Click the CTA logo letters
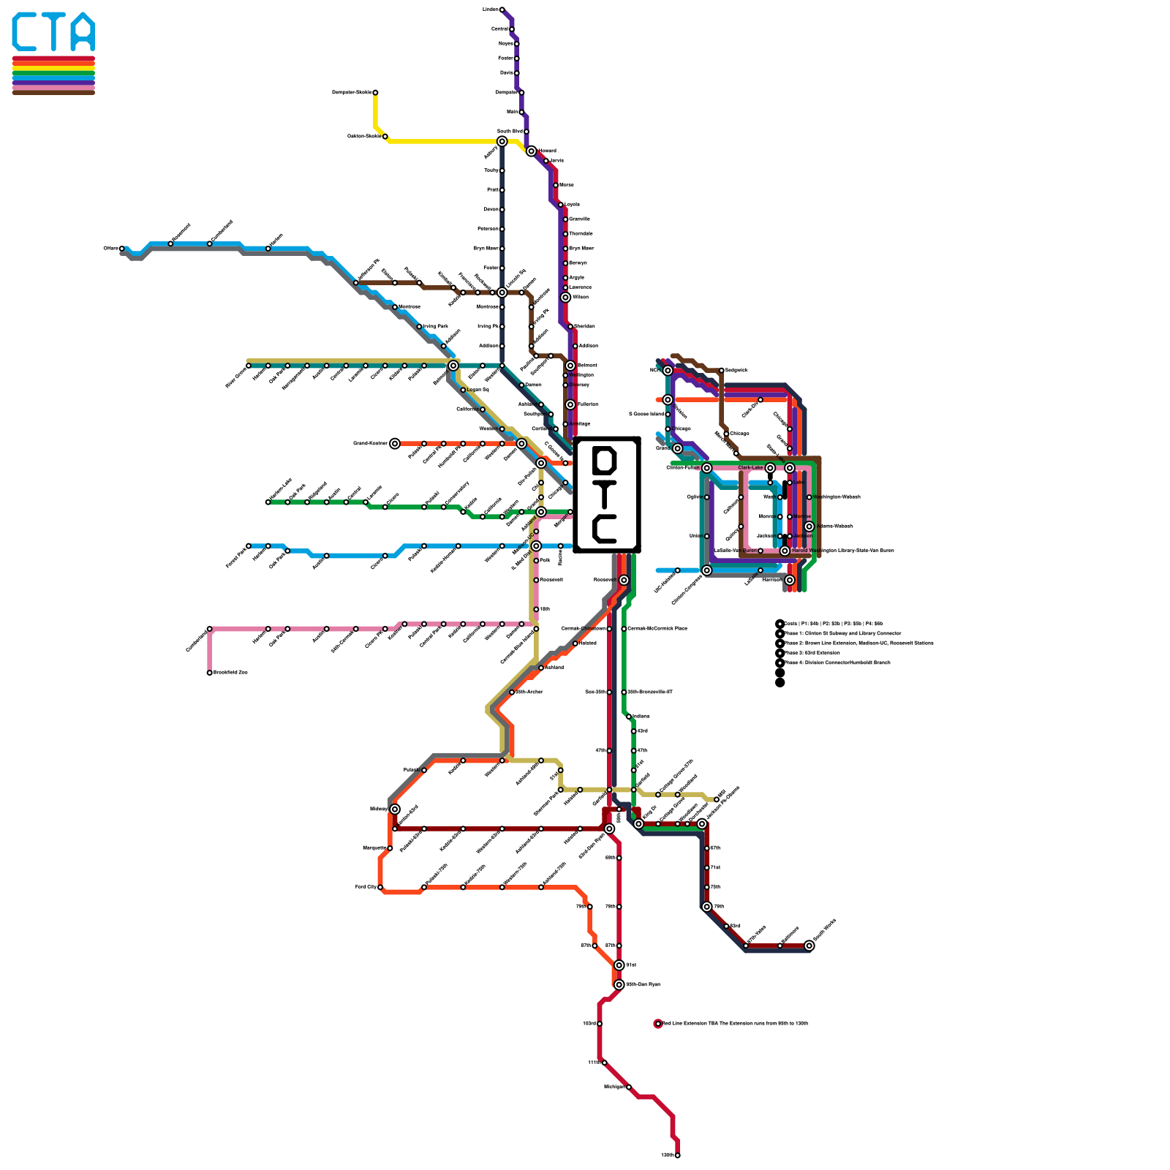click(x=53, y=32)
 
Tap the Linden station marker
click(x=502, y=10)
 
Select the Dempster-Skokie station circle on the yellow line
click(x=375, y=93)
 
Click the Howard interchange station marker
click(x=531, y=151)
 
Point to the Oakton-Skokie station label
click(x=363, y=136)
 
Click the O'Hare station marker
click(x=122, y=249)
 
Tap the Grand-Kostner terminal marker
click(x=395, y=443)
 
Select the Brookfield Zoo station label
click(x=230, y=673)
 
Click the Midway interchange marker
click(x=395, y=809)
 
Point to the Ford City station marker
click(x=380, y=887)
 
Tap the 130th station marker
click(x=678, y=1155)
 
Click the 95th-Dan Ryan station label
click(x=643, y=984)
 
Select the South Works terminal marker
click(x=809, y=946)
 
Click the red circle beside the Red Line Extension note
click(x=658, y=1024)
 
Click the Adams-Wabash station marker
click(x=809, y=526)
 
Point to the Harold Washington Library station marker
click(x=785, y=551)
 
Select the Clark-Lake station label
click(x=750, y=468)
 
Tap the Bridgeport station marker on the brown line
click(x=721, y=371)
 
